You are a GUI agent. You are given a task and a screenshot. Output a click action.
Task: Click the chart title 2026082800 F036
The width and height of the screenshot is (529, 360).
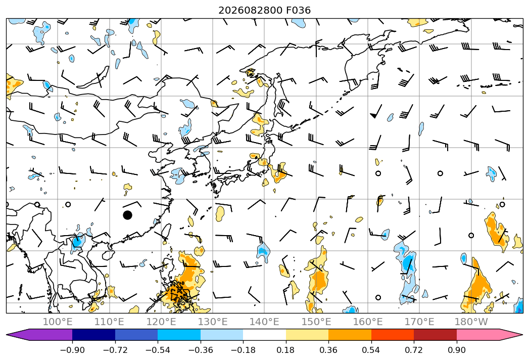pyautogui.click(x=265, y=11)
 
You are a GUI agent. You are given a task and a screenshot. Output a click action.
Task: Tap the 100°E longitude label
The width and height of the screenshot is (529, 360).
pyautogui.click(x=58, y=322)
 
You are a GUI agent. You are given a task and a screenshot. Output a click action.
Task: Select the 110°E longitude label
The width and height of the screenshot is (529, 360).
pyautogui.click(x=109, y=322)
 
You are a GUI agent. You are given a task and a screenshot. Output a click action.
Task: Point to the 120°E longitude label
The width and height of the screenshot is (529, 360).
pyautogui.click(x=161, y=322)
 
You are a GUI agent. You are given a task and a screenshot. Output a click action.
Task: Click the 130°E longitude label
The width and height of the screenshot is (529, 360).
pyautogui.click(x=213, y=322)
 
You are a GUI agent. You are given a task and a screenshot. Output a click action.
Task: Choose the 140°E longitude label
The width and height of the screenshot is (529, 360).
pyautogui.click(x=264, y=322)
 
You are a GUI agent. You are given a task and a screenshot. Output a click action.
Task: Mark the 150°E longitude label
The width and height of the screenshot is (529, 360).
pyautogui.click(x=316, y=322)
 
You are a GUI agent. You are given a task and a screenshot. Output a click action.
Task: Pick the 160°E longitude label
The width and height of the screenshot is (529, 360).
pyautogui.click(x=368, y=322)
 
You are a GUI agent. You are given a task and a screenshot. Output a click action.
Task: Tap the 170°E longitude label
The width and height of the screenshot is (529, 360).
pyautogui.click(x=419, y=322)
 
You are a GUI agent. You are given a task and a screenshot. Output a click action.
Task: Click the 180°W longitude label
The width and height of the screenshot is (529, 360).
pyautogui.click(x=471, y=322)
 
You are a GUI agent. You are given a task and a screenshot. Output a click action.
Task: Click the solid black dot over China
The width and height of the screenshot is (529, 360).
pyautogui.click(x=127, y=215)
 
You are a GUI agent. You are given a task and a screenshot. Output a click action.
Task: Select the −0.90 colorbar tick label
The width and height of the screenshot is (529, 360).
pyautogui.click(x=72, y=350)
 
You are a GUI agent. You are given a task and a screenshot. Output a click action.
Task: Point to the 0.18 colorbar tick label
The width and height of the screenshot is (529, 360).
pyautogui.click(x=285, y=350)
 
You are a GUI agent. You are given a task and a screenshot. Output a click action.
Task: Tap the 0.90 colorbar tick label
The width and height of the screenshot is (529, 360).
pyautogui.click(x=456, y=350)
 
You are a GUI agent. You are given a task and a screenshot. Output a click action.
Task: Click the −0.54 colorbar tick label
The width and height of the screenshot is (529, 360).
pyautogui.click(x=158, y=350)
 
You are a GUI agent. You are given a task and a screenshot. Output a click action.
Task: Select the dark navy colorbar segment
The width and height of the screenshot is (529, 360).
pyautogui.click(x=94, y=335)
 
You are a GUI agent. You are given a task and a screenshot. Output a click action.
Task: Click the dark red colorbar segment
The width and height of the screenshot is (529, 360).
pyautogui.click(x=435, y=335)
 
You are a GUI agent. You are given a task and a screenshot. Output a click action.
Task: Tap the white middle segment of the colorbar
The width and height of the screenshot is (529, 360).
pyautogui.click(x=265, y=335)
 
